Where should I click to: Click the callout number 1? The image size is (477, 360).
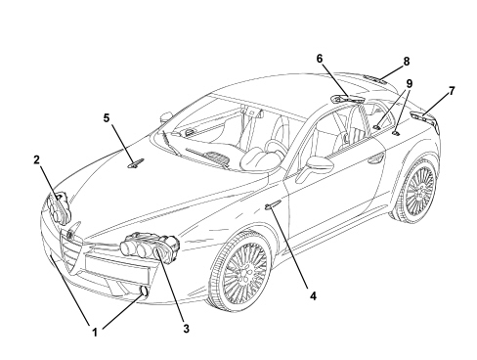coord(95,333)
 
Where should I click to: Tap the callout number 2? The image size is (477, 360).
coord(36,159)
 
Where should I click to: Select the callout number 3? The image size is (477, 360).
coord(186,329)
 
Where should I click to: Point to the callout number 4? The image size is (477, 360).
coord(313,296)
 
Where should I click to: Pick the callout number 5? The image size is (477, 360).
coord(107,118)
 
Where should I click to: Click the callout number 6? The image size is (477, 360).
coord(320,59)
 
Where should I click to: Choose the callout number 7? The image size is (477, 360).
coord(452,91)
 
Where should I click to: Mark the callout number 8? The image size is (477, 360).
coord(407,62)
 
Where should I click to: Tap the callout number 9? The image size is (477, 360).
coord(409,84)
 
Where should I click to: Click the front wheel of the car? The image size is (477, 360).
coord(240,271)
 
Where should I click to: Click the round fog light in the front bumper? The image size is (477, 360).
coord(145,292)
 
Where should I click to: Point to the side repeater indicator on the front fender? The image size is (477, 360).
coord(272,205)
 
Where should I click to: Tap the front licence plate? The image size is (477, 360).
coord(117,269)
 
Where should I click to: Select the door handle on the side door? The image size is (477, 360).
coord(375,158)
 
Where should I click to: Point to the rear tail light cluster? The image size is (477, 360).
coord(423,118)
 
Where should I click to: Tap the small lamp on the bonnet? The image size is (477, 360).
coord(136,163)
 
